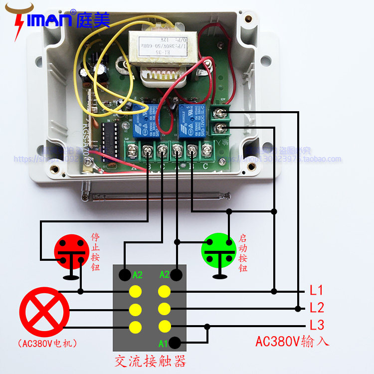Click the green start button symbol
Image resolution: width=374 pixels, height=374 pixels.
click(x=218, y=250)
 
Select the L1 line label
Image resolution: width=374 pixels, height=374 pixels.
click(x=317, y=290)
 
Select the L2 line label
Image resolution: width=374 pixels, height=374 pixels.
click(x=317, y=308)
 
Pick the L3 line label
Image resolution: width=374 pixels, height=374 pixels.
click(x=317, y=325)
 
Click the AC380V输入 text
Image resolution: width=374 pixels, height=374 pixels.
click(x=292, y=342)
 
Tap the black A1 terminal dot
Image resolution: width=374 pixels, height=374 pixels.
click(x=175, y=343)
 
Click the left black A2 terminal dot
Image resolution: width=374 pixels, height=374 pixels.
click(x=125, y=274)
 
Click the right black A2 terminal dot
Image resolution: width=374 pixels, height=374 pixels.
click(x=176, y=274)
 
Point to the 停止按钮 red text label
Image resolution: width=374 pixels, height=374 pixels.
click(x=96, y=252)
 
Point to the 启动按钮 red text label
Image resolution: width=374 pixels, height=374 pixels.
click(x=243, y=252)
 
